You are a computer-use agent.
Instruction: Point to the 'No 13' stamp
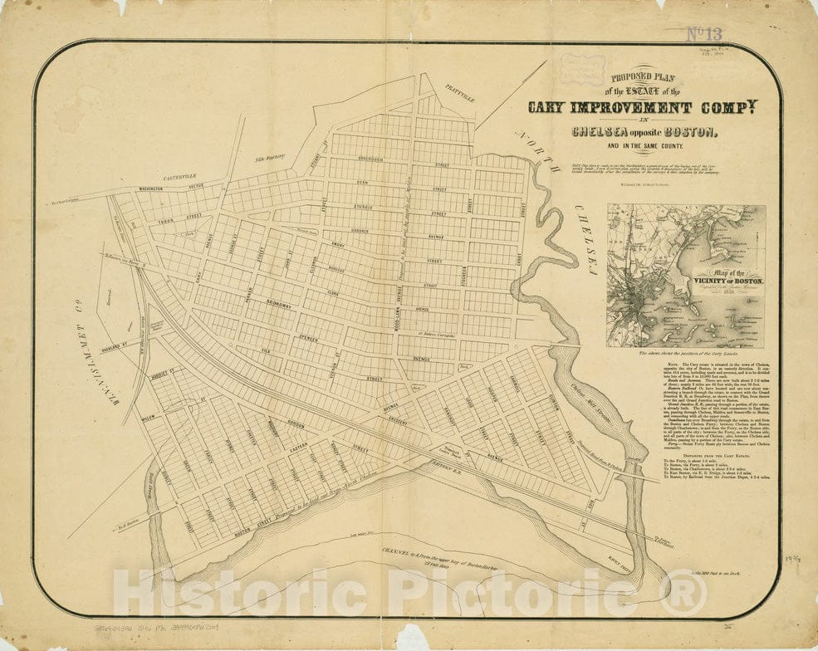tap(704, 34)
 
